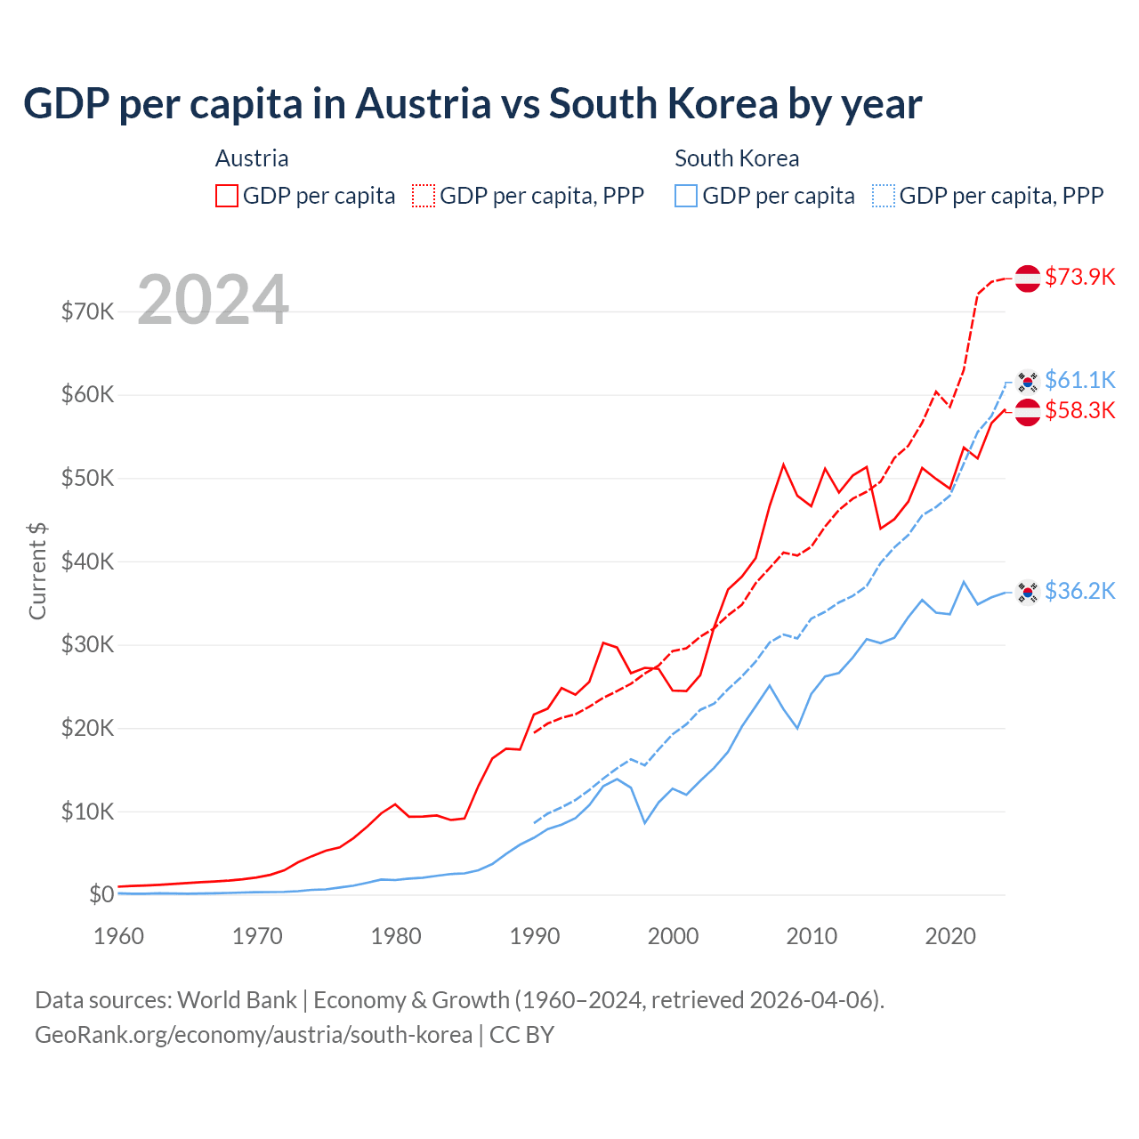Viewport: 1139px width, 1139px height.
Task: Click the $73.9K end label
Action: (x=1079, y=277)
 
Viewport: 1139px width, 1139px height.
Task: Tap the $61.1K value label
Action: (x=1079, y=380)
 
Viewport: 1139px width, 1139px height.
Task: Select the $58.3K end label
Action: (x=1079, y=410)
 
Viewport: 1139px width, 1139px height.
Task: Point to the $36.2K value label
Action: (x=1079, y=591)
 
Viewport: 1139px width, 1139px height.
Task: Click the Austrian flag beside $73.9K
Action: (x=1028, y=278)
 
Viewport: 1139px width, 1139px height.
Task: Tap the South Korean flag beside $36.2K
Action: (x=1028, y=592)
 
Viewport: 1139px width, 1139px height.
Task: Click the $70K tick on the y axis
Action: (x=87, y=311)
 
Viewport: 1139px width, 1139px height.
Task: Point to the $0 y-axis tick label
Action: (x=101, y=894)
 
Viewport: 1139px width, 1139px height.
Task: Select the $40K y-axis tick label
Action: (x=87, y=561)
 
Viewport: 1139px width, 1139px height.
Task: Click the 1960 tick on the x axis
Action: (x=118, y=936)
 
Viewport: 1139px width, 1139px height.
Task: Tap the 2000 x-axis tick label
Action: (x=673, y=936)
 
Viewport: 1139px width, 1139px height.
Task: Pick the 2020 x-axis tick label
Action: (x=950, y=936)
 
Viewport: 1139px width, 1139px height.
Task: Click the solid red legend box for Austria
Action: (x=227, y=196)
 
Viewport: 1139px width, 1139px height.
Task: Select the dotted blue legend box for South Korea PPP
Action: (x=884, y=196)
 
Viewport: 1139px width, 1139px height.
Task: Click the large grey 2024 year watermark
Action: (x=213, y=300)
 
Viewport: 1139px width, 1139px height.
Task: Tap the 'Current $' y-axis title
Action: (x=37, y=571)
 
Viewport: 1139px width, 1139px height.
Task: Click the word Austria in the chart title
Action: (x=424, y=103)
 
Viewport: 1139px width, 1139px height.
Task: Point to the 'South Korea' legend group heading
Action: (x=737, y=158)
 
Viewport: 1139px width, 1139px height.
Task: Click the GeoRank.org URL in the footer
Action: (x=254, y=1035)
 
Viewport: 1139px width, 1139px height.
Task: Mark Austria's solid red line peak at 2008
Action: (x=783, y=464)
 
